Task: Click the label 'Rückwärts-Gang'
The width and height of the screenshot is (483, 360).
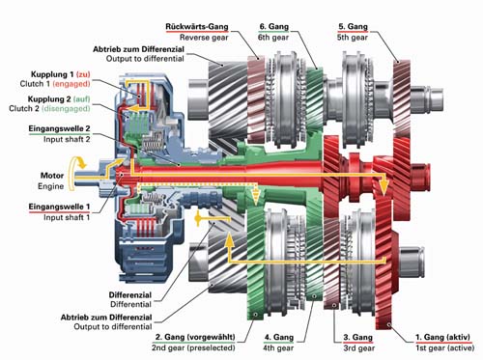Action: pos(197,27)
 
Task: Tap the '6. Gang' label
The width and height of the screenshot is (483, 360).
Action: pos(274,27)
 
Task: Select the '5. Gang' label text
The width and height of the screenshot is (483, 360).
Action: pos(353,27)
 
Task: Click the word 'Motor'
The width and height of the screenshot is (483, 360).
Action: pos(52,176)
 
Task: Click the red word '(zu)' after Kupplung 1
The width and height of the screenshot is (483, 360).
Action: pos(83,74)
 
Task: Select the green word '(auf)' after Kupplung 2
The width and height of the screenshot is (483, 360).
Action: pos(81,99)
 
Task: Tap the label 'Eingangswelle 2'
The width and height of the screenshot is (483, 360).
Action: pos(59,129)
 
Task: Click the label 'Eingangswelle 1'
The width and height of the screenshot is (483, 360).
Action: pos(59,207)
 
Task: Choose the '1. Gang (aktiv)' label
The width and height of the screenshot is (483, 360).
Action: pos(442,337)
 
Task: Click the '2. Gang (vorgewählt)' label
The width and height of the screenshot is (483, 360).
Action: pos(195,337)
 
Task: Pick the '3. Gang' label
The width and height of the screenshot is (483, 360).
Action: pos(357,337)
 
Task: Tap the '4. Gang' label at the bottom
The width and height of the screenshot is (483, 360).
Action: pos(279,337)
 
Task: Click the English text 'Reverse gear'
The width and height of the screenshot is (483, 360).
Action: pos(204,38)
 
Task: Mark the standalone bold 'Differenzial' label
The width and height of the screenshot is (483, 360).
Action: pos(130,294)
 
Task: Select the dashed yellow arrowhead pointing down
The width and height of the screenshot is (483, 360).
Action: pos(256,197)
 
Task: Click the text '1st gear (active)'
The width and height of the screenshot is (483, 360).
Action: pos(444,348)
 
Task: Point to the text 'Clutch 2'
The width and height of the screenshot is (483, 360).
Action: pos(24,108)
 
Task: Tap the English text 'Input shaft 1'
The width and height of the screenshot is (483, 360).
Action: pos(67,217)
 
